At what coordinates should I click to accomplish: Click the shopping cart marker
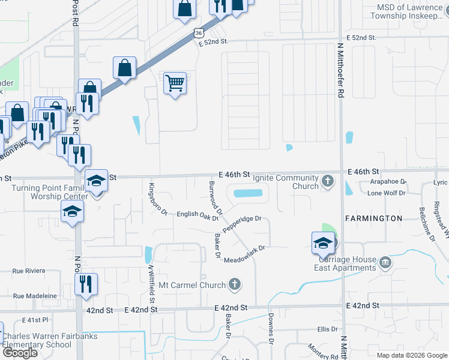(x=175, y=83)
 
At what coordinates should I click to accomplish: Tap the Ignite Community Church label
(x=285, y=182)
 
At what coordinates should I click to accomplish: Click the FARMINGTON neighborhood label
(x=373, y=218)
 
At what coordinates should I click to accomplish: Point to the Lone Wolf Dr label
(x=387, y=193)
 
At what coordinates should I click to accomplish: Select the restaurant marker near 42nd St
(x=86, y=284)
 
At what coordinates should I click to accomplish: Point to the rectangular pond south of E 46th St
(x=249, y=194)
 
